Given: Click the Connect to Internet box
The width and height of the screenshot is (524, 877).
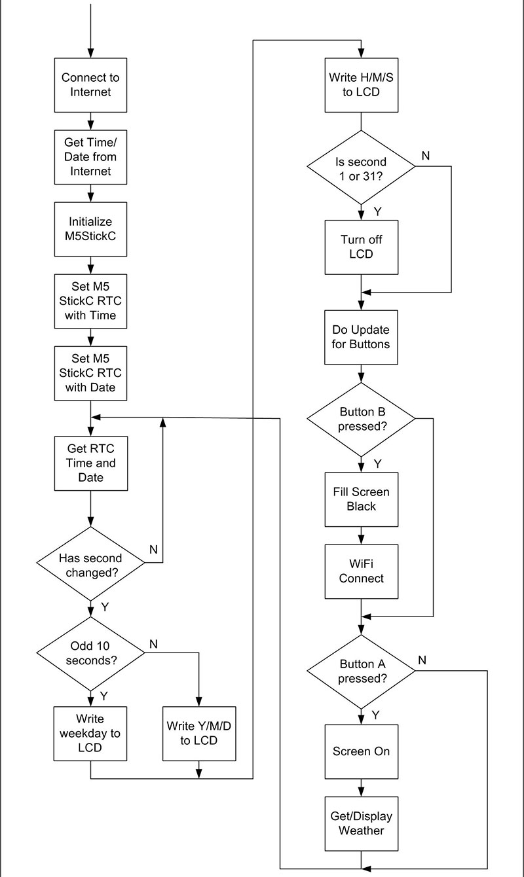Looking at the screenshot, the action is click(90, 85).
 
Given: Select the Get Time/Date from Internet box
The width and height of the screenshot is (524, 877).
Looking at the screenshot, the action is click(90, 157).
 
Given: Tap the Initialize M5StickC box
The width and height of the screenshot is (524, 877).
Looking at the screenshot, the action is click(90, 229).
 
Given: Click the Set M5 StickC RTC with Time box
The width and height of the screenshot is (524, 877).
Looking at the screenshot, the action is click(90, 301).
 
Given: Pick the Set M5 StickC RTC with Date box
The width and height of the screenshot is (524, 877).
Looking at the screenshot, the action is click(90, 373).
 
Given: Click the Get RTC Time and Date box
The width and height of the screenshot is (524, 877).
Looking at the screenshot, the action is click(91, 463).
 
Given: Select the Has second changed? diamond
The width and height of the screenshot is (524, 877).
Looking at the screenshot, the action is click(90, 564).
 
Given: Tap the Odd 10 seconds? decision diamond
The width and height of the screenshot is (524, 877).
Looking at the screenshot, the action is click(90, 653).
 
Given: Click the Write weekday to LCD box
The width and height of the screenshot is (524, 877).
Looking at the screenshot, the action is click(90, 733).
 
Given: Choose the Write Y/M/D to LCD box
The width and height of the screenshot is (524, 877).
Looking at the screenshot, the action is click(199, 733).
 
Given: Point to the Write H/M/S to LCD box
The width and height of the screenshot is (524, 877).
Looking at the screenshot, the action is click(362, 85).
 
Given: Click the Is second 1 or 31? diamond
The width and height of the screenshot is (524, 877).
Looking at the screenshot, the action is click(361, 167).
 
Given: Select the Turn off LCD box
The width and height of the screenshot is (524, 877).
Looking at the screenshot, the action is click(362, 247).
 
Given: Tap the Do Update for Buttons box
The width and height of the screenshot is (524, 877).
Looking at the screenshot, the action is click(361, 337).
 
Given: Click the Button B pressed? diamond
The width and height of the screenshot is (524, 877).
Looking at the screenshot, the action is click(361, 420).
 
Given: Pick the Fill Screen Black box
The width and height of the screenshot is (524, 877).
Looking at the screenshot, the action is click(362, 499).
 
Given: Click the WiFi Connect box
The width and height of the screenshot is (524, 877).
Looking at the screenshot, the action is click(362, 571).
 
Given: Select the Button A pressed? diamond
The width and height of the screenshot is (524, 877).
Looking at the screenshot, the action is click(361, 671).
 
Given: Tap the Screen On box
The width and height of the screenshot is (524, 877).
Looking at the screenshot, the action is click(362, 751).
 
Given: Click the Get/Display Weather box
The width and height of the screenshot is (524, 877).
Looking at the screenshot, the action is click(362, 823).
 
